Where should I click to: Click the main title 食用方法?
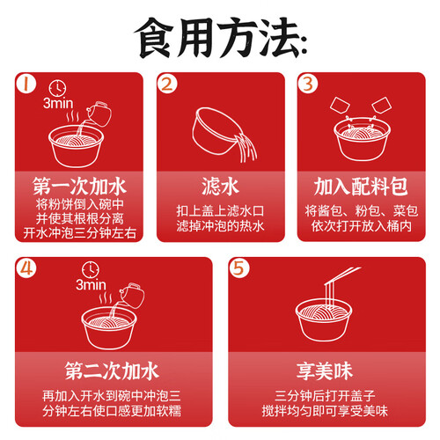[x=221, y=38]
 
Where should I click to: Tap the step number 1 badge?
[x=26, y=84]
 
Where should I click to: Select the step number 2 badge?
[x=167, y=84]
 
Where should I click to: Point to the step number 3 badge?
[x=308, y=84]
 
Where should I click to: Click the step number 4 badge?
[x=26, y=268]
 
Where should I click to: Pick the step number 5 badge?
[x=239, y=268]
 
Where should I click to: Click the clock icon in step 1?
[x=57, y=88]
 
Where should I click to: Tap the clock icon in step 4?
[x=91, y=270]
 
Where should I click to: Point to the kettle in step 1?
[x=99, y=114]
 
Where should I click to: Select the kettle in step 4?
[x=132, y=296]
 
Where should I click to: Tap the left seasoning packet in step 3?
[x=340, y=106]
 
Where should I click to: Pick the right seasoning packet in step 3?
[x=382, y=105]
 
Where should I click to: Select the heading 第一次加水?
[x=79, y=187]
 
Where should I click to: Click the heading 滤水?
[x=221, y=187]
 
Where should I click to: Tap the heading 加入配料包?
[x=361, y=187]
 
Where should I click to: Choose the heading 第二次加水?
[x=112, y=370]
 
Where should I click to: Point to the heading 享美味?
[x=325, y=370]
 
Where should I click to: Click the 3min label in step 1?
[x=58, y=103]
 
